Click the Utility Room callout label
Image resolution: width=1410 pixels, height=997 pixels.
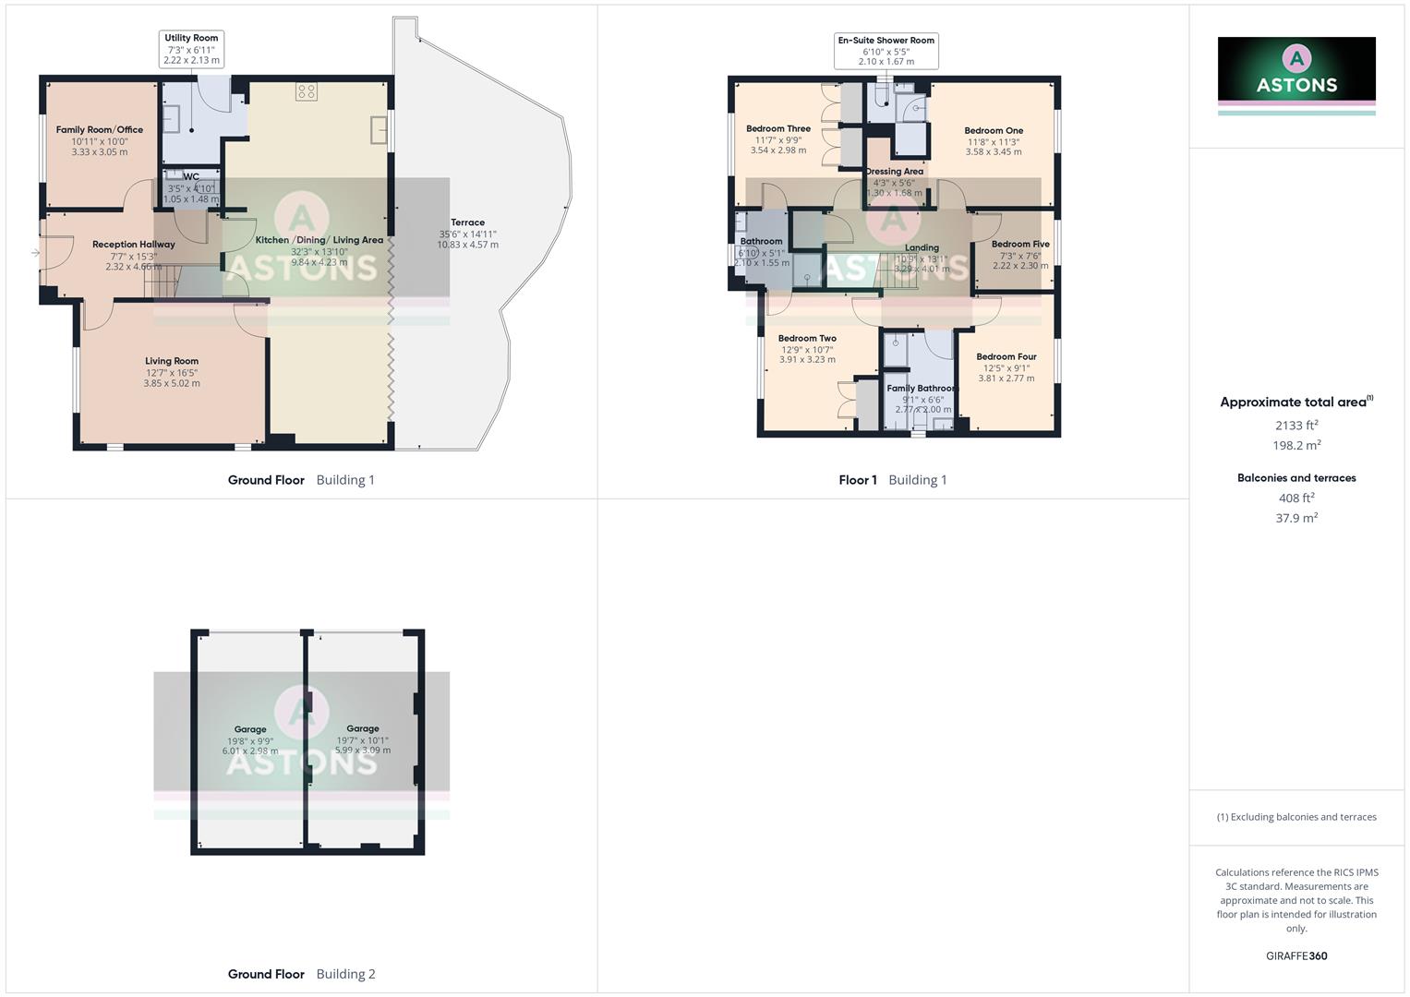tap(192, 49)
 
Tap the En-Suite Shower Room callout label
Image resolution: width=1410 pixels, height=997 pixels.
tap(886, 51)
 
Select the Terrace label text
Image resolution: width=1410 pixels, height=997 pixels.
tap(467, 222)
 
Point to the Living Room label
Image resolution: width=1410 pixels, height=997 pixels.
tap(172, 361)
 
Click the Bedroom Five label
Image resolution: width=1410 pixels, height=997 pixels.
tap(1020, 245)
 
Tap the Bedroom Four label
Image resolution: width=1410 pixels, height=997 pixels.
tap(1006, 356)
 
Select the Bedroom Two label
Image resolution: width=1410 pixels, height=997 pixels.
tap(807, 339)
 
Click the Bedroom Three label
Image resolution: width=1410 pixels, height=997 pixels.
tap(778, 129)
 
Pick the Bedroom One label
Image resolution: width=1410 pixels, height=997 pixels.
tap(994, 131)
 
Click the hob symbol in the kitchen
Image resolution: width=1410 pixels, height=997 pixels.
tap(307, 91)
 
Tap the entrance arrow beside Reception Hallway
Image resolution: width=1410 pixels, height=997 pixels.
tap(35, 252)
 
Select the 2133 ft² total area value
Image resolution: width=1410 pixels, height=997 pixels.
tap(1296, 426)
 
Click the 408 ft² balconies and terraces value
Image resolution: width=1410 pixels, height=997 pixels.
tap(1296, 498)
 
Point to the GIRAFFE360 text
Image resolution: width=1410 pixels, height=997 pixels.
tap(1296, 956)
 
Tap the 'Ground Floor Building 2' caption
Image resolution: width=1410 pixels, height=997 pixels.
tap(302, 974)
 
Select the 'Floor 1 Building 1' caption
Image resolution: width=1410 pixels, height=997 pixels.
tap(893, 480)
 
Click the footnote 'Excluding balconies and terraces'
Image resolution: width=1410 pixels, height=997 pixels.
tap(1296, 817)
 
